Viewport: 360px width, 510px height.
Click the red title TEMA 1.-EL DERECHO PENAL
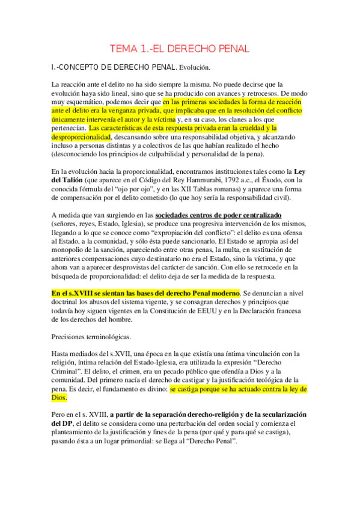click(179, 49)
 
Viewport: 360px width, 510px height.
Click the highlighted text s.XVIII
click(75, 292)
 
